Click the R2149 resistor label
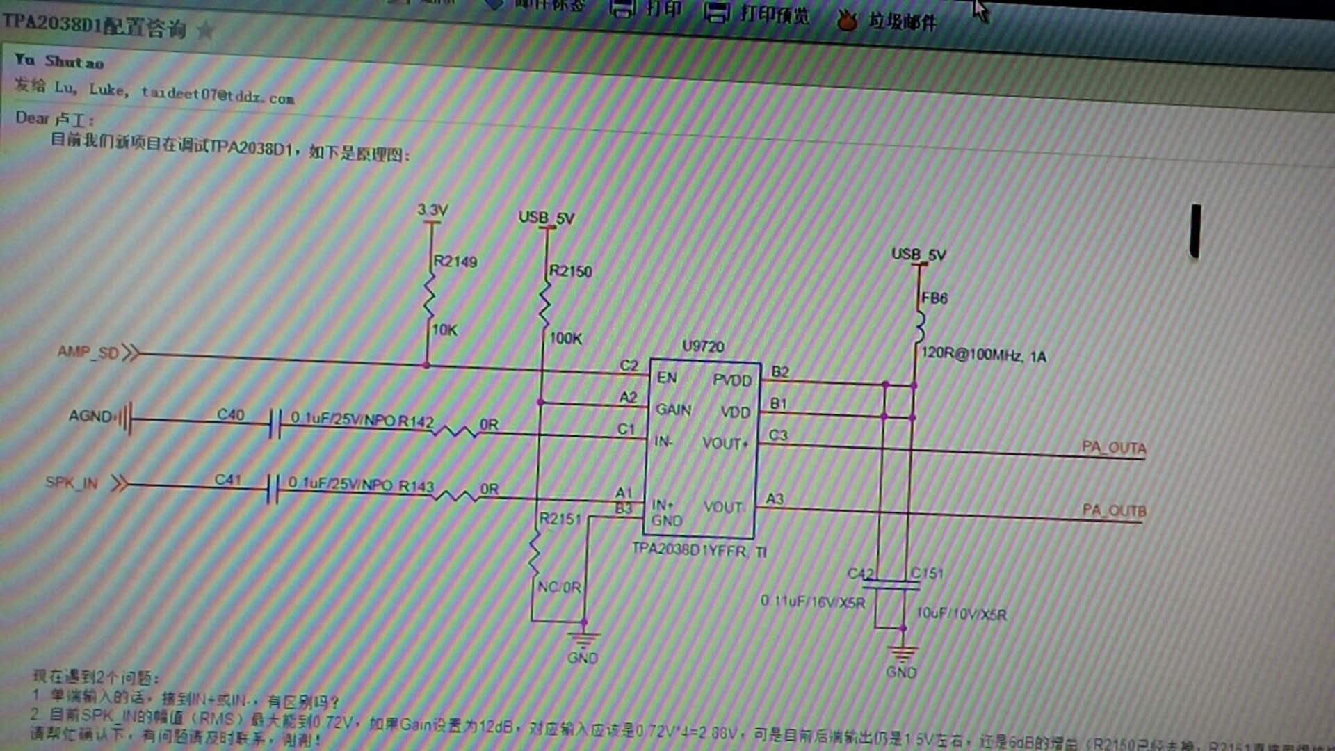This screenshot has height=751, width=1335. click(x=455, y=261)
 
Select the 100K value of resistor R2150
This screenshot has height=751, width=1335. click(x=565, y=339)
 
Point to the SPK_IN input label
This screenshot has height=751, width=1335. click(x=72, y=483)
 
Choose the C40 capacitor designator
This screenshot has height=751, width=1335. click(x=230, y=414)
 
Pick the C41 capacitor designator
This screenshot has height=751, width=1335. click(x=227, y=479)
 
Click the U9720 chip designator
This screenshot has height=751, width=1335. click(x=703, y=346)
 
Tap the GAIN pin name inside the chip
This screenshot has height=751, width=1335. click(x=673, y=410)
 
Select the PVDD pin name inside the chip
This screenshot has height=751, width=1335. click(x=732, y=380)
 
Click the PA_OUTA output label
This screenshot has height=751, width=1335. click(x=1114, y=447)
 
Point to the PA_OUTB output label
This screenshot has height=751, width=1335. click(x=1114, y=510)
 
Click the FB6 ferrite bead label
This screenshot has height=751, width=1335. click(x=934, y=298)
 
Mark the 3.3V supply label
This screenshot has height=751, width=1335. click(x=432, y=209)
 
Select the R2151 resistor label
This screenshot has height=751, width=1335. click(x=560, y=519)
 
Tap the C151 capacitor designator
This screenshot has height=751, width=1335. click(x=928, y=573)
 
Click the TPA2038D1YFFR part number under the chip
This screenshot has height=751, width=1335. click(x=688, y=550)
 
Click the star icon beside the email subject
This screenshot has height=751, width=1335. click(x=205, y=31)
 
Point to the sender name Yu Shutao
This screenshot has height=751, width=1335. click(x=59, y=61)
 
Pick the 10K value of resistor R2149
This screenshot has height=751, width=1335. click(x=445, y=330)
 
